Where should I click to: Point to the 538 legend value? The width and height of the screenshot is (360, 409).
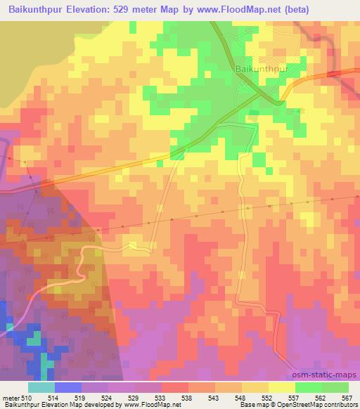pyautogui.click(x=188, y=398)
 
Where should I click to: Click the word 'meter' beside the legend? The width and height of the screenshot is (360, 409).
pyautogui.click(x=9, y=398)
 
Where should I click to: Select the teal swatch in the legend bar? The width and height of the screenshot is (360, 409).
pyautogui.click(x=41, y=387)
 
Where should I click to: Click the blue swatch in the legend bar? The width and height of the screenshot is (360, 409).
pyautogui.click(x=68, y=387)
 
